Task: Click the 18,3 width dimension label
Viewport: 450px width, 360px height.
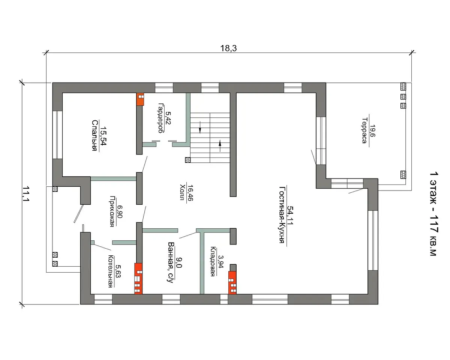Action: pyautogui.click(x=228, y=48)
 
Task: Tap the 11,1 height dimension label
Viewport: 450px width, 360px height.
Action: pyautogui.click(x=26, y=194)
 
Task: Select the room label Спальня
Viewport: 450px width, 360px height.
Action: pyautogui.click(x=95, y=135)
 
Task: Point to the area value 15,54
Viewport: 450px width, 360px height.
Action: pyautogui.click(x=103, y=135)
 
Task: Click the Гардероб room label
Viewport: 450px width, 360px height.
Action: pyautogui.click(x=160, y=118)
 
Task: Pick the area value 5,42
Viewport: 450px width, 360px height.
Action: pyautogui.click(x=168, y=118)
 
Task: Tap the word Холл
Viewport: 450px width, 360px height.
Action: pyautogui.click(x=183, y=192)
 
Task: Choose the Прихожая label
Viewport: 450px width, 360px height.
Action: pyautogui.click(x=112, y=211)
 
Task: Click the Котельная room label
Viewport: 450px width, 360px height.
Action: pyautogui.click(x=111, y=271)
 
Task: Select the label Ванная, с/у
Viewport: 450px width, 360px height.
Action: pyautogui.click(x=171, y=262)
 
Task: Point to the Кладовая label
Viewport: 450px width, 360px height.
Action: pyautogui.click(x=213, y=262)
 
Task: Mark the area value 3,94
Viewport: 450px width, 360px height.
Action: pyautogui.click(x=220, y=261)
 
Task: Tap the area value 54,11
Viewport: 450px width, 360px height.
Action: pyautogui.click(x=290, y=215)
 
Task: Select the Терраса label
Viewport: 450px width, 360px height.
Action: pyautogui.click(x=364, y=130)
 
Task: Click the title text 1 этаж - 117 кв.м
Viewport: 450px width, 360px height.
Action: pyautogui.click(x=434, y=214)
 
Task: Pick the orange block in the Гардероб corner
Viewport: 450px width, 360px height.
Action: pyautogui.click(x=140, y=99)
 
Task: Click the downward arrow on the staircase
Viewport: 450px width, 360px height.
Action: pyautogui.click(x=200, y=127)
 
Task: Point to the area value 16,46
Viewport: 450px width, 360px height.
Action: pyautogui.click(x=190, y=193)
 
